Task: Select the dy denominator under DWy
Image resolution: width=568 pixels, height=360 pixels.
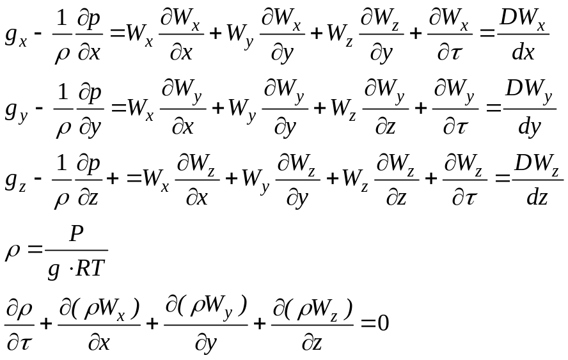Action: (x=528, y=127)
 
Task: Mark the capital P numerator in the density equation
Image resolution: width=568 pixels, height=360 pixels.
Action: (x=76, y=235)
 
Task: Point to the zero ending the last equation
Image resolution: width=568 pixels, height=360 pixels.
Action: (x=383, y=323)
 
